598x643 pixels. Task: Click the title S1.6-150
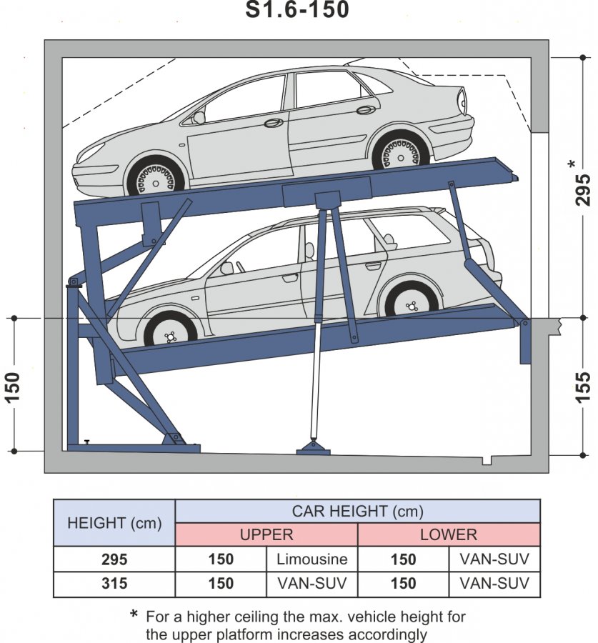pyautogui.click(x=299, y=10)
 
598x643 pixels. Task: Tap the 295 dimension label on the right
pyautogui.click(x=584, y=189)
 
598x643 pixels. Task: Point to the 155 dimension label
pyautogui.click(x=584, y=387)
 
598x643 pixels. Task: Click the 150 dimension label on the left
pyautogui.click(x=15, y=386)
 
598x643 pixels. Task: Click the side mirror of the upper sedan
pyautogui.click(x=199, y=116)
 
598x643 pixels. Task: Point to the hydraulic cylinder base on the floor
pyautogui.click(x=313, y=447)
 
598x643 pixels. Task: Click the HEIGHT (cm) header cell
pyautogui.click(x=114, y=523)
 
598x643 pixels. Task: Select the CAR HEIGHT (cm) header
pyautogui.click(x=357, y=511)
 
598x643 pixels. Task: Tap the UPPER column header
pyautogui.click(x=266, y=534)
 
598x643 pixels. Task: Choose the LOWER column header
pyautogui.click(x=449, y=534)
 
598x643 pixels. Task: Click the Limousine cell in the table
pyautogui.click(x=312, y=559)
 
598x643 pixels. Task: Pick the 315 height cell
pyautogui.click(x=114, y=584)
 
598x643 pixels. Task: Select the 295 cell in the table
pyautogui.click(x=114, y=559)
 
